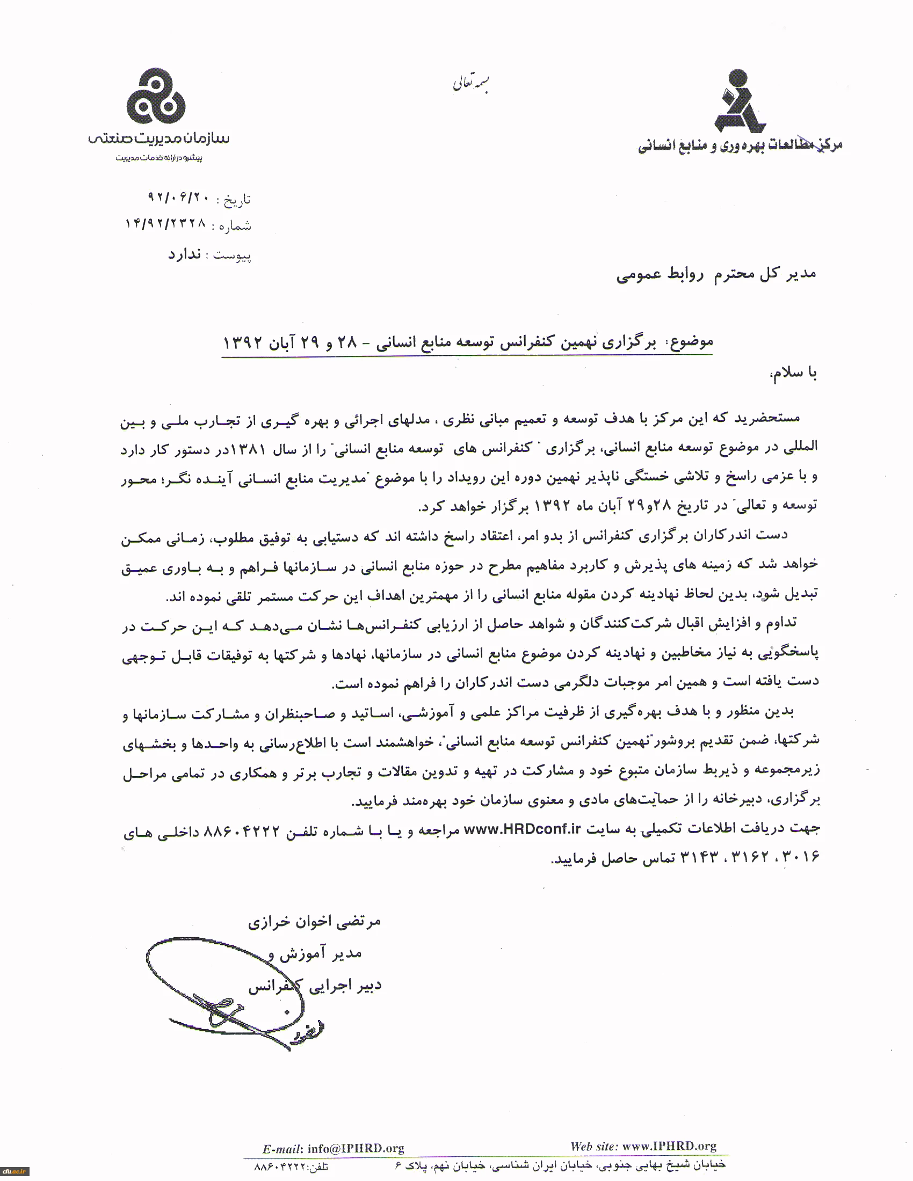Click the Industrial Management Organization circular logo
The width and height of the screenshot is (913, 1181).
click(156, 96)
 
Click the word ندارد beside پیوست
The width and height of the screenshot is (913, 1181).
click(184, 254)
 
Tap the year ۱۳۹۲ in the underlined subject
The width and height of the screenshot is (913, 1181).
click(243, 343)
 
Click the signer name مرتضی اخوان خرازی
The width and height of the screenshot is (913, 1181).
click(315, 922)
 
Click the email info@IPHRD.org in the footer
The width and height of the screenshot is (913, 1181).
click(356, 1149)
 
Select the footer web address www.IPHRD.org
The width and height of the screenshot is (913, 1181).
click(669, 1146)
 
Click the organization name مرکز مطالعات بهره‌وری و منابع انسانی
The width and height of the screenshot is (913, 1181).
click(740, 145)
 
